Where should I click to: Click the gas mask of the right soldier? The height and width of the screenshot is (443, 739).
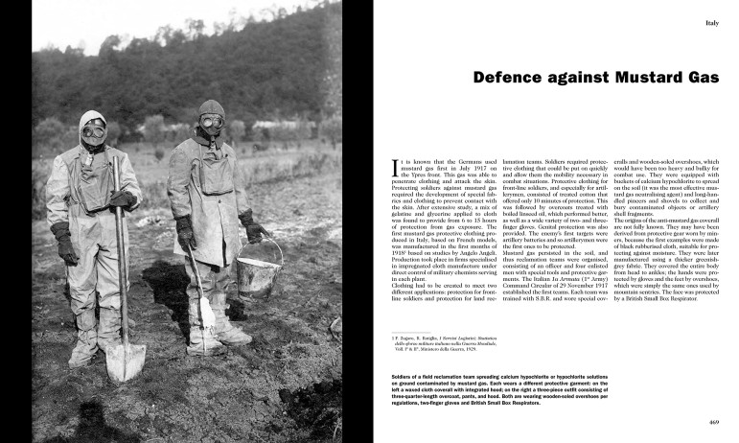pos(212,125)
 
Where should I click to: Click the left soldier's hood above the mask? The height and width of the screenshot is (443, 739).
pos(93,118)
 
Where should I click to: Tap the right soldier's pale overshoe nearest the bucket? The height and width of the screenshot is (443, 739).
pos(230,332)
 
